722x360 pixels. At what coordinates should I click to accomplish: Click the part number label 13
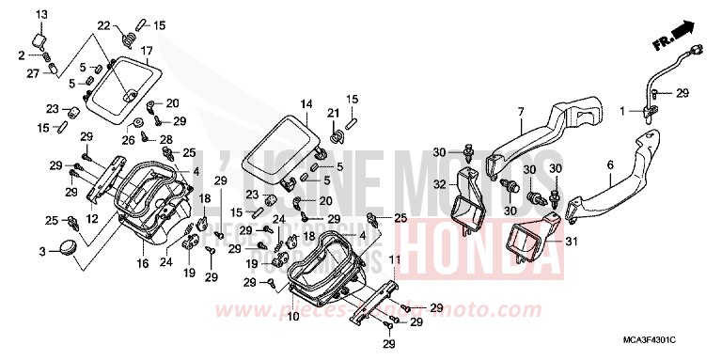40,14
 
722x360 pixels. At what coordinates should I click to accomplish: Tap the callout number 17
147,49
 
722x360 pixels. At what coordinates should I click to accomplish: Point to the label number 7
520,113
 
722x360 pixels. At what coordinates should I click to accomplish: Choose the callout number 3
41,251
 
